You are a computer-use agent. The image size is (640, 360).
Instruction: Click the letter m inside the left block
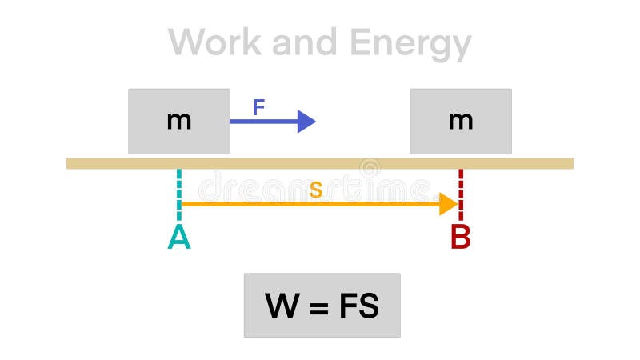pyautogui.click(x=178, y=122)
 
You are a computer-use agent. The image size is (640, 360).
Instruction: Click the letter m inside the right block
pyautogui.click(x=460, y=122)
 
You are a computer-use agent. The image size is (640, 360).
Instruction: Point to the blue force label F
pyautogui.click(x=258, y=108)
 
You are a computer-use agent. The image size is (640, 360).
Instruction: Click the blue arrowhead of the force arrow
pyautogui.click(x=306, y=122)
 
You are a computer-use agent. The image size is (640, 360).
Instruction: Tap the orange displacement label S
pyautogui.click(x=316, y=190)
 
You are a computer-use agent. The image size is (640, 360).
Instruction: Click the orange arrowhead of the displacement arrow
pyautogui.click(x=447, y=204)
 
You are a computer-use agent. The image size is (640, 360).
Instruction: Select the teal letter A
pyautogui.click(x=179, y=238)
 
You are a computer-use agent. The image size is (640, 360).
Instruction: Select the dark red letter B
pyautogui.click(x=460, y=238)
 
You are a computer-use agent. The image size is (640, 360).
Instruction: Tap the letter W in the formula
pyautogui.click(x=282, y=306)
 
